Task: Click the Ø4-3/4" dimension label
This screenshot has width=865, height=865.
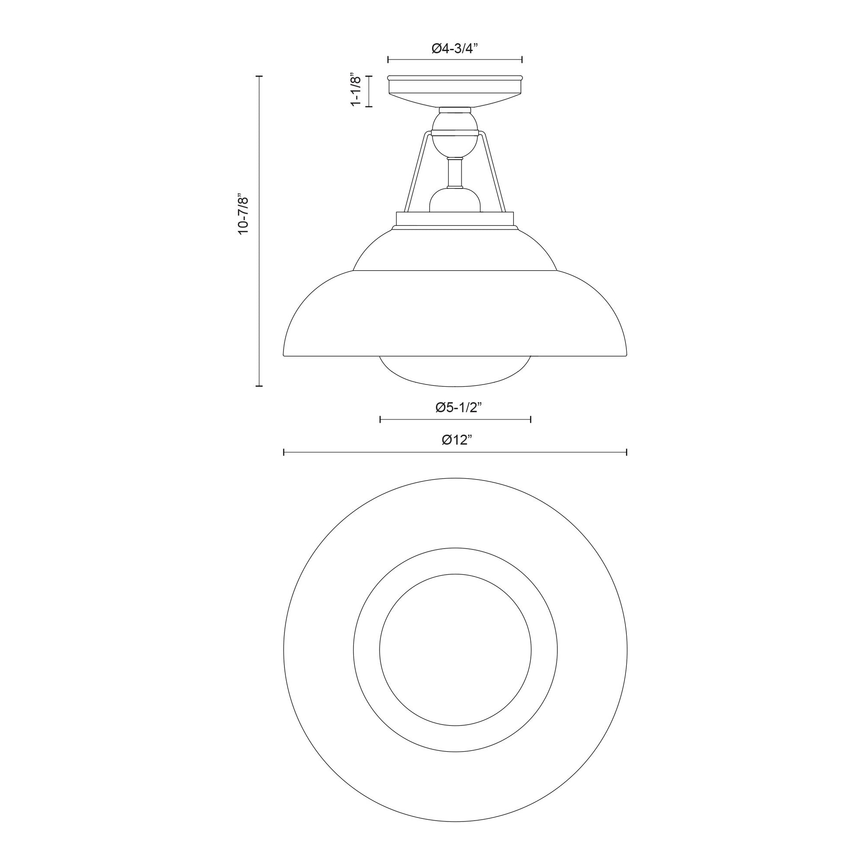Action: (455, 49)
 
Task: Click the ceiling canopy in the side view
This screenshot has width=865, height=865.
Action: (455, 92)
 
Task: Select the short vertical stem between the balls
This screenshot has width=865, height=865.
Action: (454, 173)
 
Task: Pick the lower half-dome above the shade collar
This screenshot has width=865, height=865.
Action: (454, 201)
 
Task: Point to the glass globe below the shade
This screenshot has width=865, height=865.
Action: (455, 371)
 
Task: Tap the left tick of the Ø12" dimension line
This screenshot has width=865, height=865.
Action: (284, 452)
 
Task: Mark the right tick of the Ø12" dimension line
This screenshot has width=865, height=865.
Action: (626, 452)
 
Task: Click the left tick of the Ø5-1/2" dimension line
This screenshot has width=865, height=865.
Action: (380, 420)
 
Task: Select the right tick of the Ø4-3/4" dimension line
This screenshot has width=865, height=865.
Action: (522, 60)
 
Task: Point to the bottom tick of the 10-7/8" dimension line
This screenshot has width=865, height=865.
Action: (259, 385)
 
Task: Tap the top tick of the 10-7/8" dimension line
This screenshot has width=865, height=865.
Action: (259, 76)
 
